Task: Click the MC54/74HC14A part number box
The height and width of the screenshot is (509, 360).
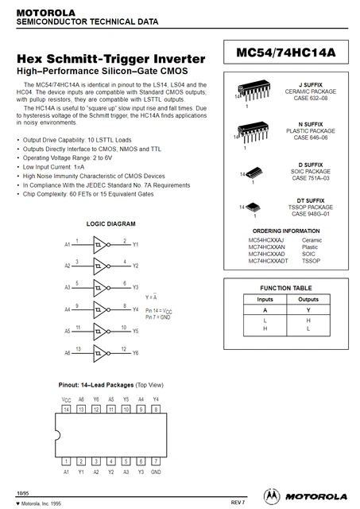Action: [x=286, y=52]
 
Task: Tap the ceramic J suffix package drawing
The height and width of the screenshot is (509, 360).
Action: [x=254, y=90]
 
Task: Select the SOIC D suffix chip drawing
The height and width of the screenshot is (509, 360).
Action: [x=254, y=173]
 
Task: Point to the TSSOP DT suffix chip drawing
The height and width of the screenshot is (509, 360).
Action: [x=254, y=207]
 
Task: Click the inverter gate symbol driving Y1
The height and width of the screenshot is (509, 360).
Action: [x=102, y=245]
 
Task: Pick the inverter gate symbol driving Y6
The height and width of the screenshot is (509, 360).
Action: [x=102, y=353]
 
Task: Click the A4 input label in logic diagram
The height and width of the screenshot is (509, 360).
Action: [x=67, y=309]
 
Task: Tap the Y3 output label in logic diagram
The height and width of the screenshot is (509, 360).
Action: [x=135, y=287]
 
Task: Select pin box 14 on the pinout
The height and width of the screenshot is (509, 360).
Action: [x=66, y=409]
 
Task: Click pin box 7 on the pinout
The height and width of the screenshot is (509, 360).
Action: [x=156, y=461]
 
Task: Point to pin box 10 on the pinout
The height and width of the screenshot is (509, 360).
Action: [x=126, y=409]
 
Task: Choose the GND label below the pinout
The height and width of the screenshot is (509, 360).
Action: [x=156, y=472]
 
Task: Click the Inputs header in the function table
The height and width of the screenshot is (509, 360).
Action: [x=265, y=299]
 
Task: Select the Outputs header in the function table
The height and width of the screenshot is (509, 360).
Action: [x=308, y=299]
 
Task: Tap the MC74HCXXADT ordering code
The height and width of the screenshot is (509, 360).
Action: [x=268, y=261]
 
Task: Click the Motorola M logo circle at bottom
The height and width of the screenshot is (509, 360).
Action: [x=272, y=496]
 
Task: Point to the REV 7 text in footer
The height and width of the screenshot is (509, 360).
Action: [x=238, y=502]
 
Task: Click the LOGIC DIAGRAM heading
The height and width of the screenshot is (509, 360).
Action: [x=111, y=224]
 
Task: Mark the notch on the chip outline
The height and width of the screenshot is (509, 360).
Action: [x=58, y=435]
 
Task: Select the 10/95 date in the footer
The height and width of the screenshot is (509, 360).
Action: [x=23, y=493]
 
